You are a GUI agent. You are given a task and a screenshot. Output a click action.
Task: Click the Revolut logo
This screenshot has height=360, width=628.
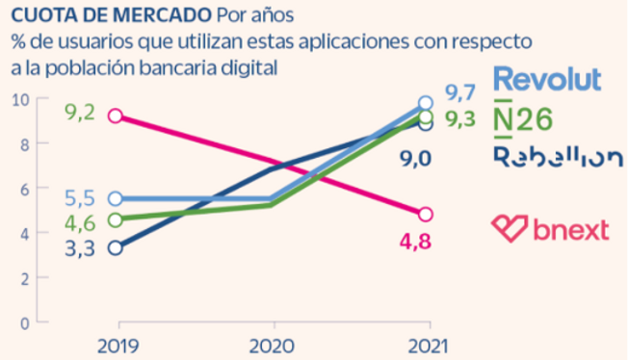[546, 78]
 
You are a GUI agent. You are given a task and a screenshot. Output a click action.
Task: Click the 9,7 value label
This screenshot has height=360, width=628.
[460, 93]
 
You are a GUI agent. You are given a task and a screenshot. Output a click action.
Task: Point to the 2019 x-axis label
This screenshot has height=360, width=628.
[116, 345]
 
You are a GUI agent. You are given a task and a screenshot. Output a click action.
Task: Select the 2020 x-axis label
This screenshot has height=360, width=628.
[271, 345]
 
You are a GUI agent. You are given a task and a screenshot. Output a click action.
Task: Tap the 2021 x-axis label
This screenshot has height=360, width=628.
[426, 345]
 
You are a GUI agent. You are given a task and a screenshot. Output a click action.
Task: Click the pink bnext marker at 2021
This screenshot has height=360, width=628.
[426, 215]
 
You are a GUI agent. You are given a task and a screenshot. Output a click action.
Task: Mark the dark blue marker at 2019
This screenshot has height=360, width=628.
[116, 248]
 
